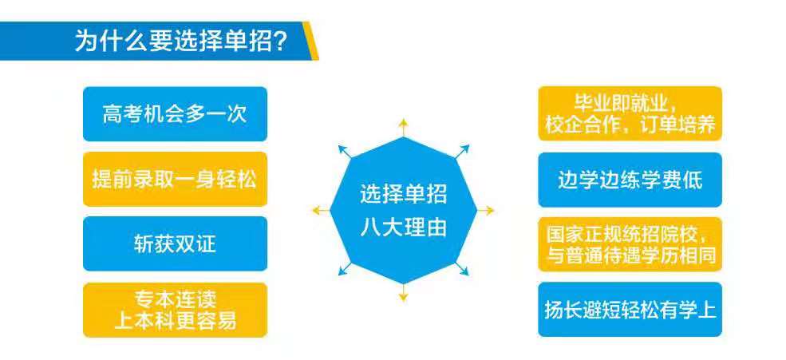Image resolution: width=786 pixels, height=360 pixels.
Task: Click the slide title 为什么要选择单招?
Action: pos(180,42)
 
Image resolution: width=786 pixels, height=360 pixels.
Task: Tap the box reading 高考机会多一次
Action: pos(175,114)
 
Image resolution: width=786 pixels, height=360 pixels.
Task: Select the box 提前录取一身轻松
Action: pos(175,179)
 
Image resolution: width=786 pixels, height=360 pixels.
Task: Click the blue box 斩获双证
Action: pos(175,243)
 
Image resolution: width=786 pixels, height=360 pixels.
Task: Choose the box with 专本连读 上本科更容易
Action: pos(175,310)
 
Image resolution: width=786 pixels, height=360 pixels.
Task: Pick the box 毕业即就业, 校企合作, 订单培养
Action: pos(630,114)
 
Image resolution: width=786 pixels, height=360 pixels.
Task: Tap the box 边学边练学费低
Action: pos(630,180)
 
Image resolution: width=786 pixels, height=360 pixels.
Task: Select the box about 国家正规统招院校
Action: pos(630,244)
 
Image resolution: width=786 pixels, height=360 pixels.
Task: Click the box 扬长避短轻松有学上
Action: pos(630,310)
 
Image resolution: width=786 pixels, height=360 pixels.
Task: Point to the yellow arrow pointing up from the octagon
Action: pos(403,128)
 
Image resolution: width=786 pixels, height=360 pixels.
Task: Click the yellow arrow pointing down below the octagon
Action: pos(403,293)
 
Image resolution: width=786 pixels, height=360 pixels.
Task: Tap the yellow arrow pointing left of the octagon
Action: pos(322,210)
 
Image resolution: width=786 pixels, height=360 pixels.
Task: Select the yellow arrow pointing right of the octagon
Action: pos(485,210)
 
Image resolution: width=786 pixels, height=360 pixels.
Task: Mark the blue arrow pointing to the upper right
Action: pos(462,152)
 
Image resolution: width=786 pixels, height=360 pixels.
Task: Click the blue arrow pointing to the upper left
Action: pos(345,152)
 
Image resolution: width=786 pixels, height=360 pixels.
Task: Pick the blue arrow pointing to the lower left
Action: pos(345,268)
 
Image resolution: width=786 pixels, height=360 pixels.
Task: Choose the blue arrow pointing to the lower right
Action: pos(462,268)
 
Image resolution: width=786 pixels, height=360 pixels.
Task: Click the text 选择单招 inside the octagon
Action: pos(403,194)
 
